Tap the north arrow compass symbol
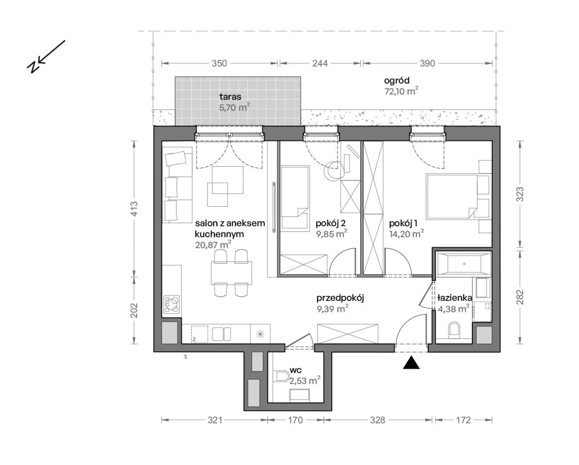[46, 56]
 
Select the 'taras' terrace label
[230, 97]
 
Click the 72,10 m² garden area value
[401, 92]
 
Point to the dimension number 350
[219, 63]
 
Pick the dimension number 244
[320, 63]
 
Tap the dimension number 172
[464, 420]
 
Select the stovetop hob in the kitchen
[172, 305]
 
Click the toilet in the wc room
[283, 377]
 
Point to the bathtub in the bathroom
[464, 263]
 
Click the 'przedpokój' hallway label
[340, 298]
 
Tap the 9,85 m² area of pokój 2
[331, 234]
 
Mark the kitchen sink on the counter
[222, 334]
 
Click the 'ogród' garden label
[397, 81]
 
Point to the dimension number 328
[377, 420]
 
